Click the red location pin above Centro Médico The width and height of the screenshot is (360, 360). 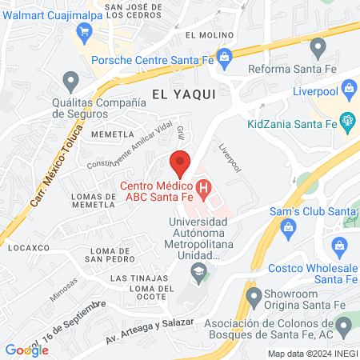pyautogui.click(x=180, y=162)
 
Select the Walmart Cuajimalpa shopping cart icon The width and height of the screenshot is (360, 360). pyautogui.click(x=83, y=31)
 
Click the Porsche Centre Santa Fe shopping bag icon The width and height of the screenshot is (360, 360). pyautogui.click(x=226, y=55)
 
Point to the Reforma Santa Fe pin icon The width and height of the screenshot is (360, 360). pyautogui.click(x=318, y=49)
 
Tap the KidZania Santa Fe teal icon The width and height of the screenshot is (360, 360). pyautogui.click(x=347, y=121)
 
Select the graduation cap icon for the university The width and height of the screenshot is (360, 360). pyautogui.click(x=196, y=275)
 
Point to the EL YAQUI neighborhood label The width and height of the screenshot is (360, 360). pyautogui.click(x=184, y=94)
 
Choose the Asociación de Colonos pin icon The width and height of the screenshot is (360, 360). pyautogui.click(x=344, y=325)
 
